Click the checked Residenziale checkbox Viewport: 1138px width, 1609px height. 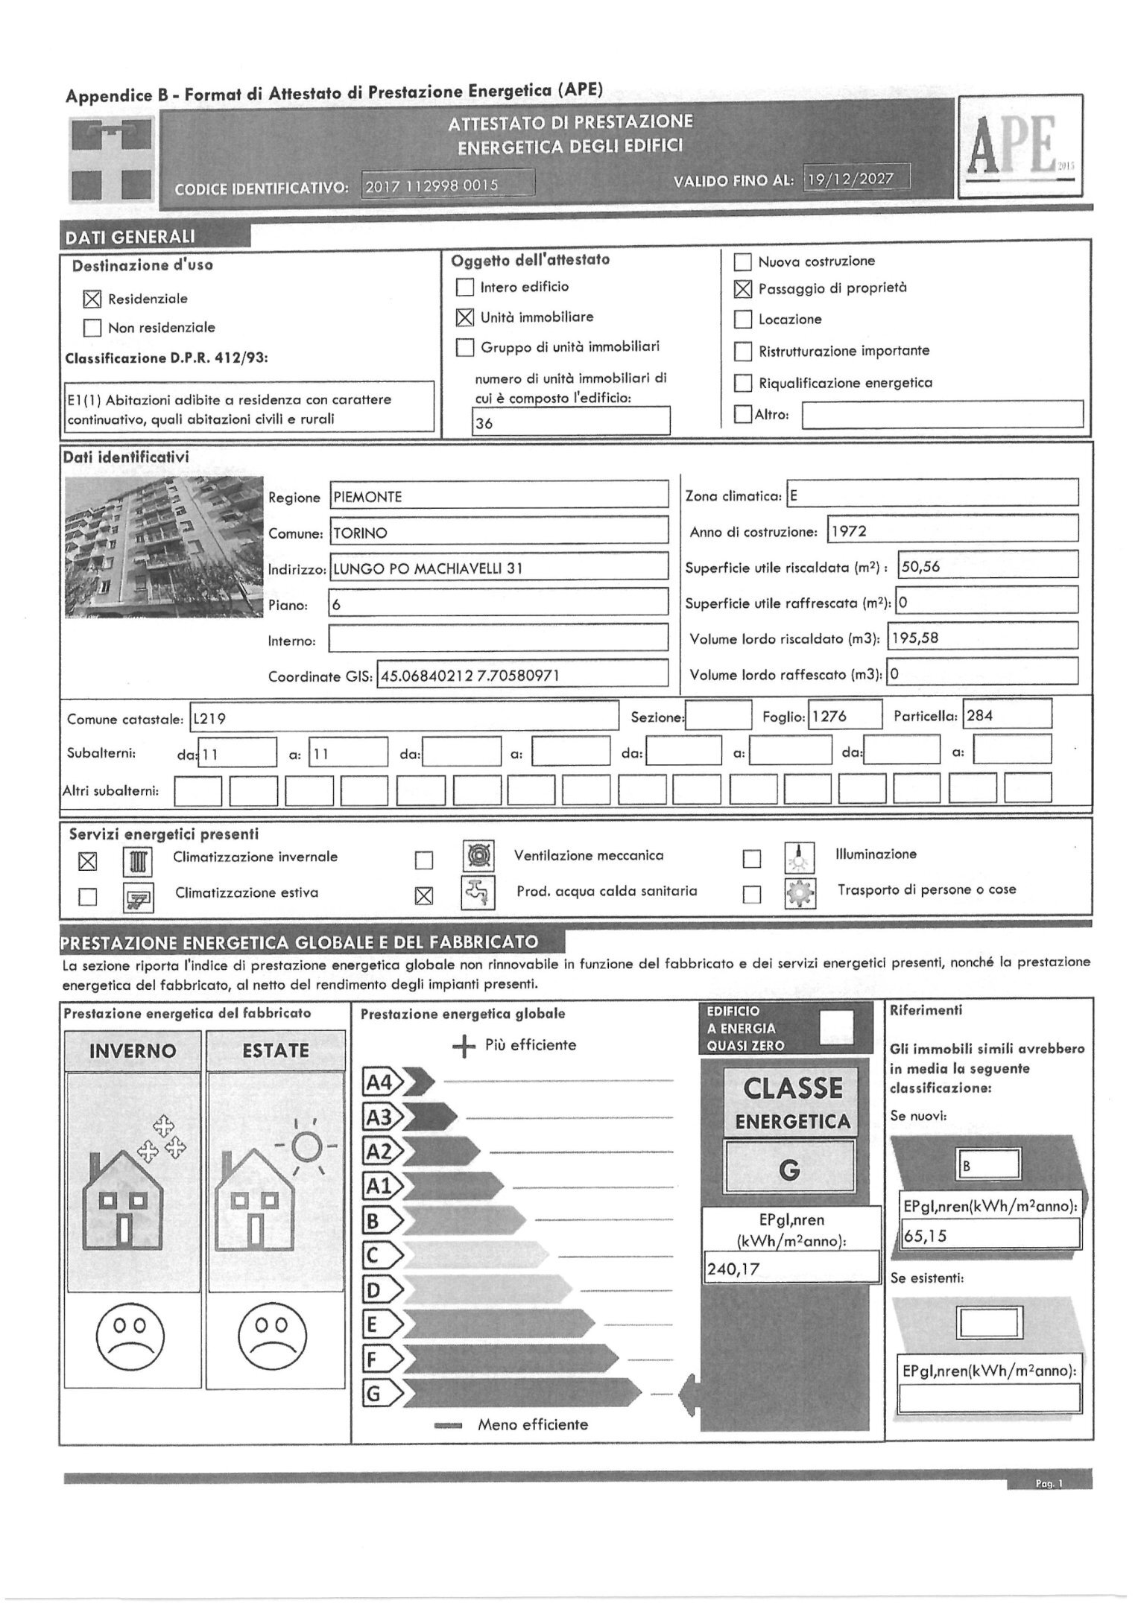pyautogui.click(x=92, y=299)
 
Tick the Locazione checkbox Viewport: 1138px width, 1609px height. pyautogui.click(x=743, y=320)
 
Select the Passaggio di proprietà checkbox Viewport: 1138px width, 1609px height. pyautogui.click(x=743, y=288)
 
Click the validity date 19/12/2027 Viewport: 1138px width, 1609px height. pyautogui.click(x=856, y=180)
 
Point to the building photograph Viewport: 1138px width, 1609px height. pyautogui.click(x=164, y=546)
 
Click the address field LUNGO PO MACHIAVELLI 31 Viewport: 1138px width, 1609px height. pyautogui.click(x=499, y=568)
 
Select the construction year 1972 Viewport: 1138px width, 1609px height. pyautogui.click(x=952, y=532)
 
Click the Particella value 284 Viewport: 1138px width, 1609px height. pyautogui.click(x=1007, y=716)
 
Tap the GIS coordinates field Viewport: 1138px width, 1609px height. pyautogui.click(x=522, y=676)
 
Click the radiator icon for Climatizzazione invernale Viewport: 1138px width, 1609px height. pyautogui.click(x=138, y=862)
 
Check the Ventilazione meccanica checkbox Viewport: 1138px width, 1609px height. pyautogui.click(x=424, y=860)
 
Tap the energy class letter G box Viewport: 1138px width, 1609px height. pyautogui.click(x=789, y=1172)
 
